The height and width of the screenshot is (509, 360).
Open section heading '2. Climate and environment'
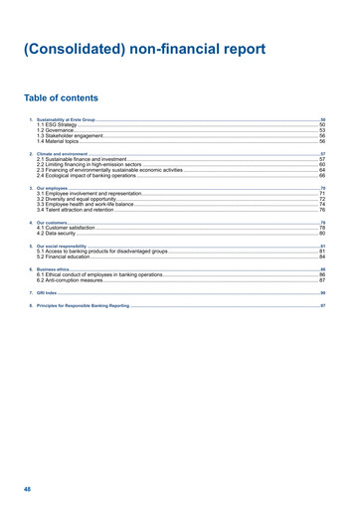(60, 153)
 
